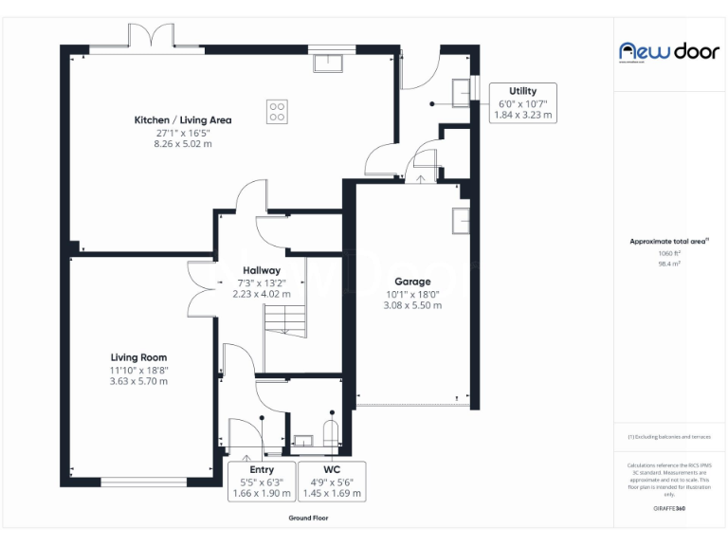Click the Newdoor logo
point(669,51)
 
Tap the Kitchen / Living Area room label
point(183,120)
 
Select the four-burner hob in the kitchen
point(278,112)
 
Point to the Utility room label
point(522,90)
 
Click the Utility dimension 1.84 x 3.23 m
point(522,114)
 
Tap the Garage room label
point(412,282)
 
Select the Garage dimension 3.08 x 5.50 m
point(412,305)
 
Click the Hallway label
point(262,271)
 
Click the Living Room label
point(138,357)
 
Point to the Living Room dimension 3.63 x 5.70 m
point(138,381)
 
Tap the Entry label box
point(262,482)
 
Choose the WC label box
point(332,482)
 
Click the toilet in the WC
point(331,434)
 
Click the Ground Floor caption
point(309,519)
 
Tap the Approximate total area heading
point(669,242)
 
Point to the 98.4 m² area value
point(669,264)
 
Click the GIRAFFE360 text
point(669,509)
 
